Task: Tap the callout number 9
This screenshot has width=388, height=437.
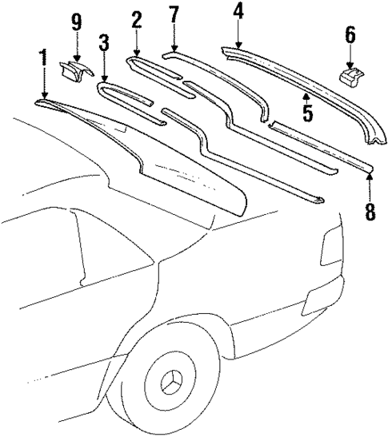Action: point(77,22)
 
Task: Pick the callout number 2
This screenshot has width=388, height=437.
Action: point(137,19)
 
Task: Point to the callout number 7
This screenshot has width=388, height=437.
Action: point(174,15)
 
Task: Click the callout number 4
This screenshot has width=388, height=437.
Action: point(238,11)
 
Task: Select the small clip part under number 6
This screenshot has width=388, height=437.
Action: point(349,76)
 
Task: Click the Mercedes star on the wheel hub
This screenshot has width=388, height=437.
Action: point(170,400)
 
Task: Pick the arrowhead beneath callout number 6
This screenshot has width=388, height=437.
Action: point(350,66)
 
